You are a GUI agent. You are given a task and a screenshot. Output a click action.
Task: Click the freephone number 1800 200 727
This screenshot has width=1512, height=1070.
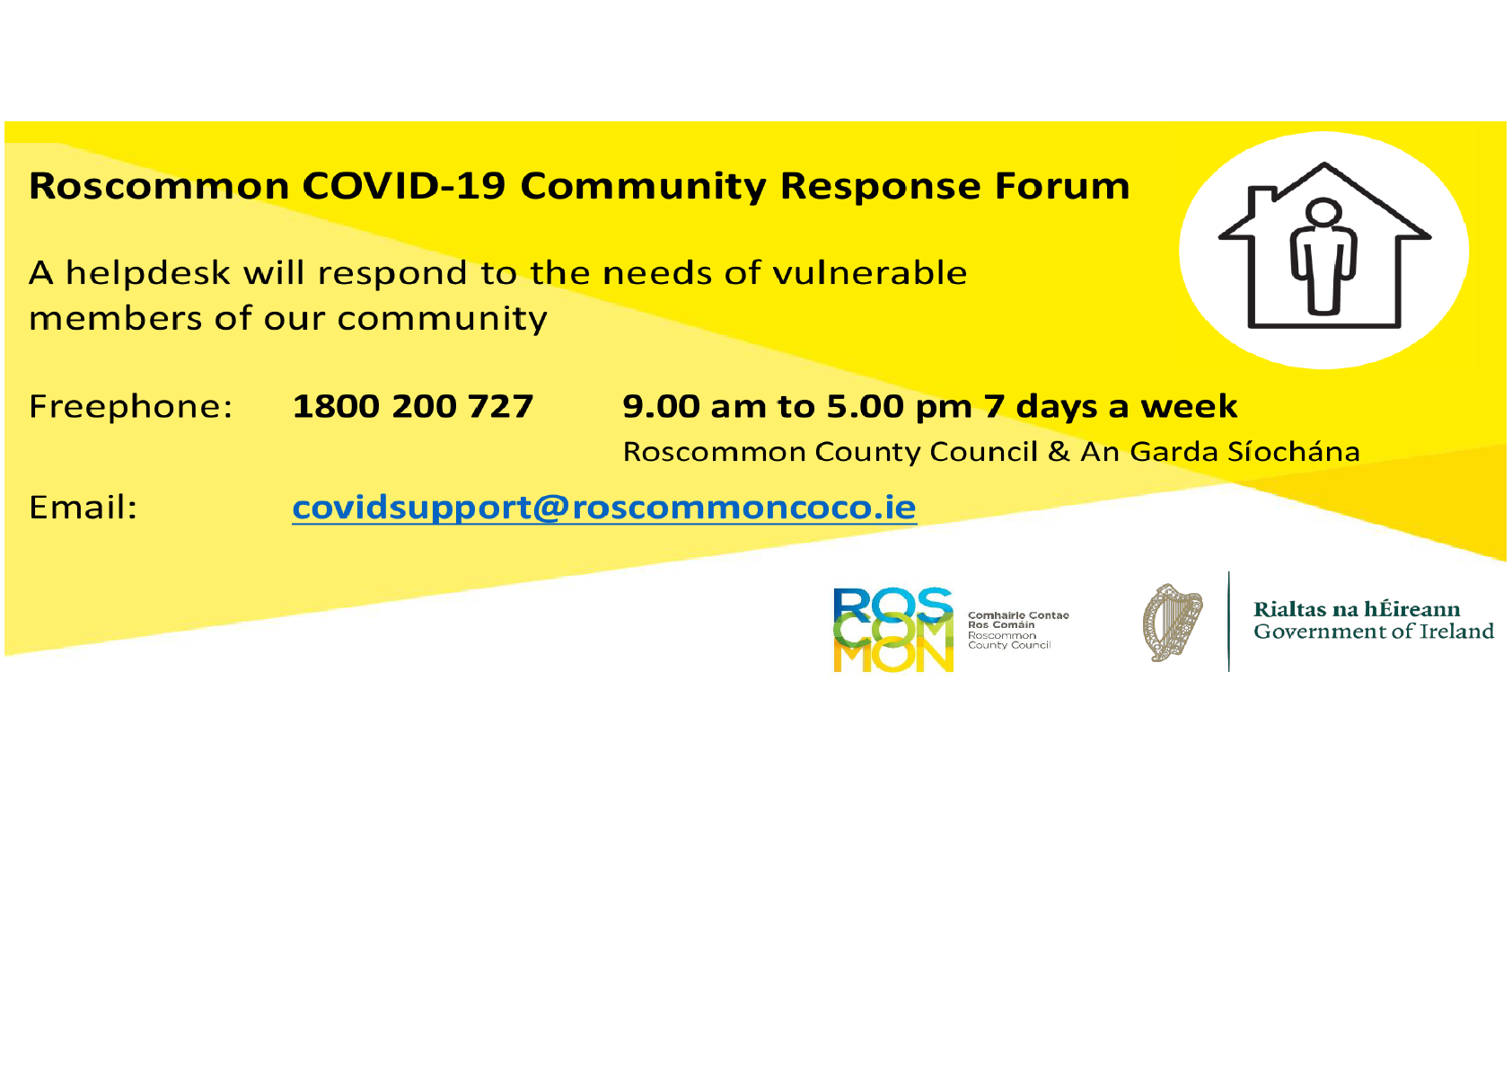coord(412,407)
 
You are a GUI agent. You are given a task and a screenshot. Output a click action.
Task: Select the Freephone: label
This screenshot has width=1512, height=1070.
coord(130,407)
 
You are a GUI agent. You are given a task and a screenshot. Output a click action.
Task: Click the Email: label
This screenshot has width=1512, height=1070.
coord(83,508)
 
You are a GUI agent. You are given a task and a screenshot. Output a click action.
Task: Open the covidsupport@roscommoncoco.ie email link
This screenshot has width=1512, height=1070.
coord(604,508)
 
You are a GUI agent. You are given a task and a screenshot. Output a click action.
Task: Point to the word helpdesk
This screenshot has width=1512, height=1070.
coord(148,273)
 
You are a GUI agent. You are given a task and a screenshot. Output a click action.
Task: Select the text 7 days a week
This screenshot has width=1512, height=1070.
coord(1111,407)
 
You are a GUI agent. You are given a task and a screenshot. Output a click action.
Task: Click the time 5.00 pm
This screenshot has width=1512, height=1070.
coord(899,408)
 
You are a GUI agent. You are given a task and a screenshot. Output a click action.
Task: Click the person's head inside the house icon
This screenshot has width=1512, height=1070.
coord(1323,211)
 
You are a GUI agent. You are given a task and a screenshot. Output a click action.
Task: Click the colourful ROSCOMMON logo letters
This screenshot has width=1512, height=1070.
coord(893,630)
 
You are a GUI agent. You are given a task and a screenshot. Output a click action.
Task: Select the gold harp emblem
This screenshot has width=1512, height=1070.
coord(1173,622)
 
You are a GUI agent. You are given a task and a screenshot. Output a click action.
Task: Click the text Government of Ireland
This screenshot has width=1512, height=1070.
coord(1374,632)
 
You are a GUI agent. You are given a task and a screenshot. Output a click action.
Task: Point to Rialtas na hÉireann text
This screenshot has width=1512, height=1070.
coord(1357,609)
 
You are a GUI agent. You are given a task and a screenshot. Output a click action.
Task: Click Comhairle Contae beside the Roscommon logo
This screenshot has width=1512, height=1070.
coord(1018,615)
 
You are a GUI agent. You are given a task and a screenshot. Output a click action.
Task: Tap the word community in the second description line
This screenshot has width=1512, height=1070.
coord(442,320)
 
